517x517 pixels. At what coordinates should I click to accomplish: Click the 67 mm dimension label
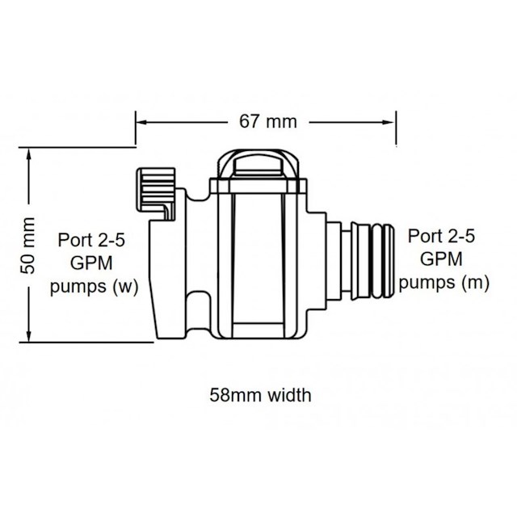coord(267,122)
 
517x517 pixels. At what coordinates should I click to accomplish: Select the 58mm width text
coord(259,396)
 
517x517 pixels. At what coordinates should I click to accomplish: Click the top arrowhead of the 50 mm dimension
coord(30,153)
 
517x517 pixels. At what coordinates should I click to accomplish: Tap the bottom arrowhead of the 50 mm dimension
coord(30,337)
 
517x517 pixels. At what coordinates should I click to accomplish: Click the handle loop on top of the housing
coord(258,164)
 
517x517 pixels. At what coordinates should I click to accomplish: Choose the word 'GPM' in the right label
coord(442,259)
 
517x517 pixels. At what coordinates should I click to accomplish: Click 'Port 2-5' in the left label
coord(90,241)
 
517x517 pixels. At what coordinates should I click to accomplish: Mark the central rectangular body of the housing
coord(258,258)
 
